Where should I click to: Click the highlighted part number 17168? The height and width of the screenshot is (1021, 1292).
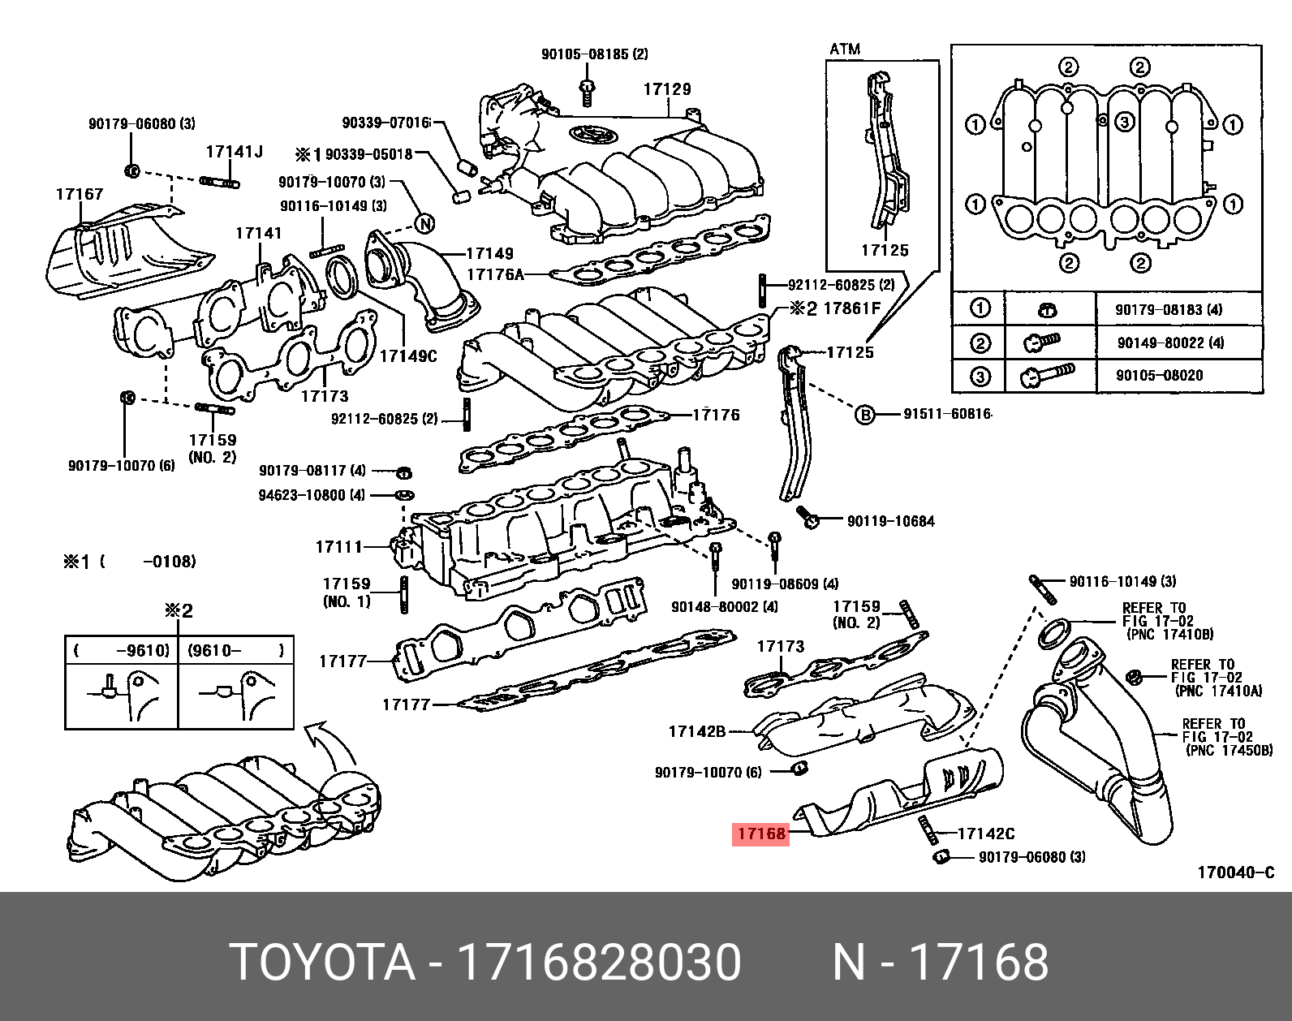coord(760,834)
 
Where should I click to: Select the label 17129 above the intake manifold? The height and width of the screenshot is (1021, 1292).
coord(667,89)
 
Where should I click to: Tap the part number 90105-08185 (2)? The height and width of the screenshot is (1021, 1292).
coord(595,54)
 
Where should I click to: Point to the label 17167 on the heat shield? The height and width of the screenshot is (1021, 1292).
coord(80,194)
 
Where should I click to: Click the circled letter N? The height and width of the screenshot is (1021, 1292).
coord(424,224)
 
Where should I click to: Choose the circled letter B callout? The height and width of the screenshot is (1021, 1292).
coord(865,415)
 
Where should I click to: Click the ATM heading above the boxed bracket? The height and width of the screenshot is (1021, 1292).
coord(845,50)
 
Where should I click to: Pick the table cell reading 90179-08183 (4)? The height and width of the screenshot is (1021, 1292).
coord(1169,310)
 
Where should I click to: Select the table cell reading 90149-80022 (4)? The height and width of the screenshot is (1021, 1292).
coord(1170,342)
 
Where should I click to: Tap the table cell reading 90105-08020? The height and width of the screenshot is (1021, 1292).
coord(1159,375)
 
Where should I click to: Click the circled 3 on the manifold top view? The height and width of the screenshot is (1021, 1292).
coord(1124,123)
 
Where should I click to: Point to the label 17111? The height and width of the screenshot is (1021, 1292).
coord(338,547)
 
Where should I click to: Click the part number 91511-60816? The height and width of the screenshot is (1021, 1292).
coord(947,414)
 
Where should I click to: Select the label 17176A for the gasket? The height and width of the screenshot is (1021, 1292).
coord(495,274)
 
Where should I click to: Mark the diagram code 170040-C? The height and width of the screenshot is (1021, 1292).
coord(1236,872)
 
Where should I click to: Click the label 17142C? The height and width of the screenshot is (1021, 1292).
coord(986,834)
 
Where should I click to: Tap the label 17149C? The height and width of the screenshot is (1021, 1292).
coord(408,355)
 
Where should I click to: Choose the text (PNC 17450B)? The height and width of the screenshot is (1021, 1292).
coord(1229,750)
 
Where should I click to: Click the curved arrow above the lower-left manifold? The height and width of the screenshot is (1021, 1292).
coord(333,743)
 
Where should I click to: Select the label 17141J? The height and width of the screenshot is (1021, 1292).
coord(234,152)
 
